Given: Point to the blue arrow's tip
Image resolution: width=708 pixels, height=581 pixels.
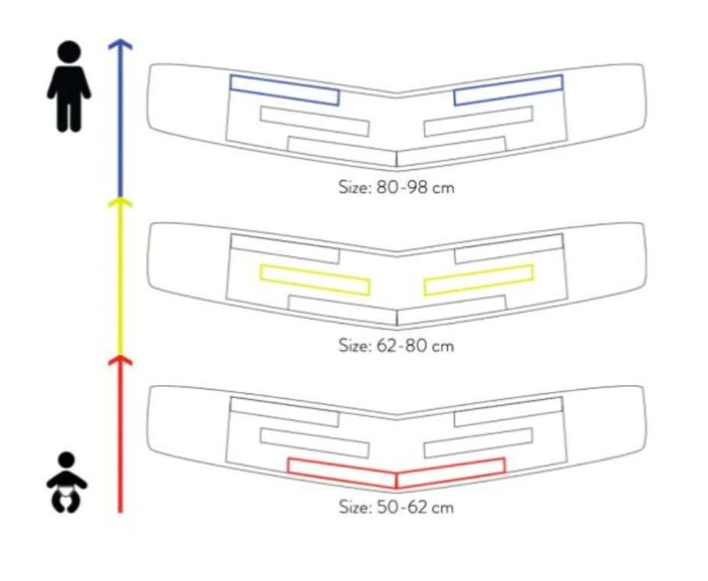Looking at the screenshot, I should point(120,43).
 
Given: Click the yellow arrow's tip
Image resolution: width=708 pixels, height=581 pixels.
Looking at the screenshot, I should point(120,201).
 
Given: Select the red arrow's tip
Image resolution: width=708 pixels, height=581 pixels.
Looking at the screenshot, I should point(120,358).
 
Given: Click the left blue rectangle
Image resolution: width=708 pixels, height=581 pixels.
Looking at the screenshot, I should point(285,89).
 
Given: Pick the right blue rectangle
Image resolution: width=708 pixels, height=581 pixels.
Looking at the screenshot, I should point(508,89).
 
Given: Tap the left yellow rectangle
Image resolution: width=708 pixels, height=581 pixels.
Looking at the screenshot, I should point(314,279).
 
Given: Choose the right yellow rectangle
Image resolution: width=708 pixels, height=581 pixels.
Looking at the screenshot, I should point(478,279).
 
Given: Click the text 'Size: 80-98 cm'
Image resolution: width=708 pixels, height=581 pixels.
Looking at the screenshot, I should point(396,187).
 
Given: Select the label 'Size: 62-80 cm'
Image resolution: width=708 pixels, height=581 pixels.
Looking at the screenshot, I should point(396,346).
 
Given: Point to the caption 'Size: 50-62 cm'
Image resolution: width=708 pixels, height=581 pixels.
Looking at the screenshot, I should point(396,506).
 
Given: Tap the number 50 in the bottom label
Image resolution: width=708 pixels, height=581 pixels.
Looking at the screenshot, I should point(387,506).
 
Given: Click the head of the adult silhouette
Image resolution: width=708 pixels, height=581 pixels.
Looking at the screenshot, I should point(69,53).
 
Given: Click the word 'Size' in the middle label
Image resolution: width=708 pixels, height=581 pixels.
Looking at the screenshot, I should point(353,346).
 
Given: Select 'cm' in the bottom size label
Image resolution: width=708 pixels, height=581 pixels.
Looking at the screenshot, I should point(443,506).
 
